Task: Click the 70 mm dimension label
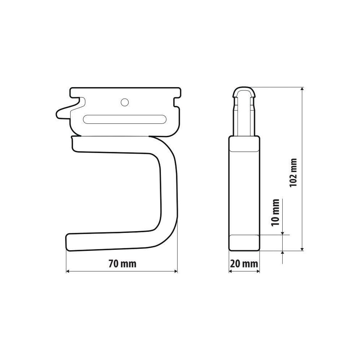(x=122, y=264)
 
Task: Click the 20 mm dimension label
(x=244, y=264)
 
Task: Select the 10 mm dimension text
(x=275, y=212)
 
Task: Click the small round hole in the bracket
(x=125, y=102)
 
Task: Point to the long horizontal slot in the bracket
(x=125, y=120)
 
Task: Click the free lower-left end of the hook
(x=67, y=242)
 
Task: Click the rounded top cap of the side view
(x=244, y=91)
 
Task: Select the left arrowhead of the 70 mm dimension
(x=68, y=271)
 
